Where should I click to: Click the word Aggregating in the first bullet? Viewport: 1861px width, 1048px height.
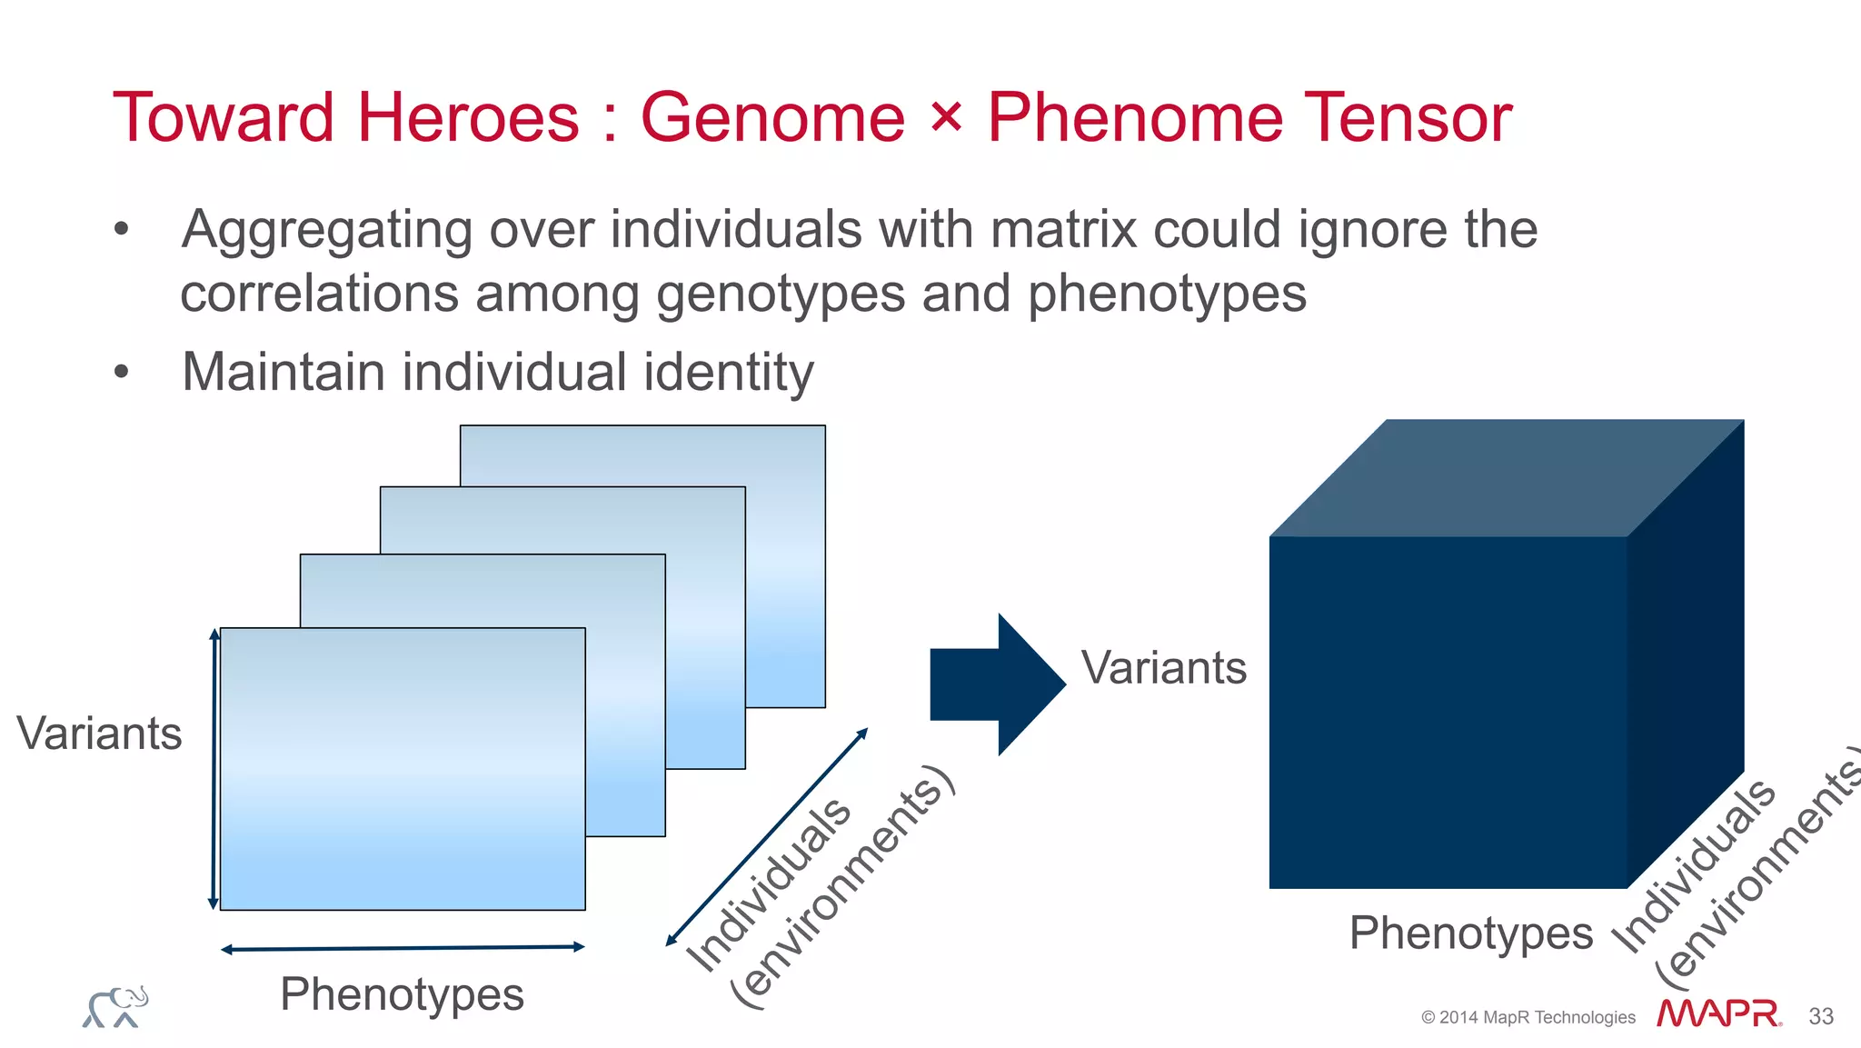point(326,231)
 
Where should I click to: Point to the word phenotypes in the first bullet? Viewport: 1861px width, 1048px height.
point(1167,294)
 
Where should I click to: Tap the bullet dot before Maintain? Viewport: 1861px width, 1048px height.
point(122,373)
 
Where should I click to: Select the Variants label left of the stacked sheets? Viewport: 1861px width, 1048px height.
point(99,734)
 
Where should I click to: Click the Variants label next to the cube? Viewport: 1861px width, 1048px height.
point(1163,668)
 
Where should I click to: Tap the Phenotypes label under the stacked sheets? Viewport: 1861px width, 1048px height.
point(402,994)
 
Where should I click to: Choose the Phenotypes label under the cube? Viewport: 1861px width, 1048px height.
point(1470,933)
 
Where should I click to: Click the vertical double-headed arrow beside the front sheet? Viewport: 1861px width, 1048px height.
point(214,768)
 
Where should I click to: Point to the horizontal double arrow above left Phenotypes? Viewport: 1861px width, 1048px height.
point(403,948)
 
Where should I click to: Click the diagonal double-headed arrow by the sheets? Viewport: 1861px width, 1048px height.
point(767,837)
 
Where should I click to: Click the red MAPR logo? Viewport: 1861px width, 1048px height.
point(1717,1014)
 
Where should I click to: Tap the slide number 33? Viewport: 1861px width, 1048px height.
point(1821,1016)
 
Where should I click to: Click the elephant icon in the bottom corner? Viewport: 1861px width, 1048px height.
point(115,1007)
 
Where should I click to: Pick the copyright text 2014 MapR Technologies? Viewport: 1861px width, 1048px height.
point(1528,1018)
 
